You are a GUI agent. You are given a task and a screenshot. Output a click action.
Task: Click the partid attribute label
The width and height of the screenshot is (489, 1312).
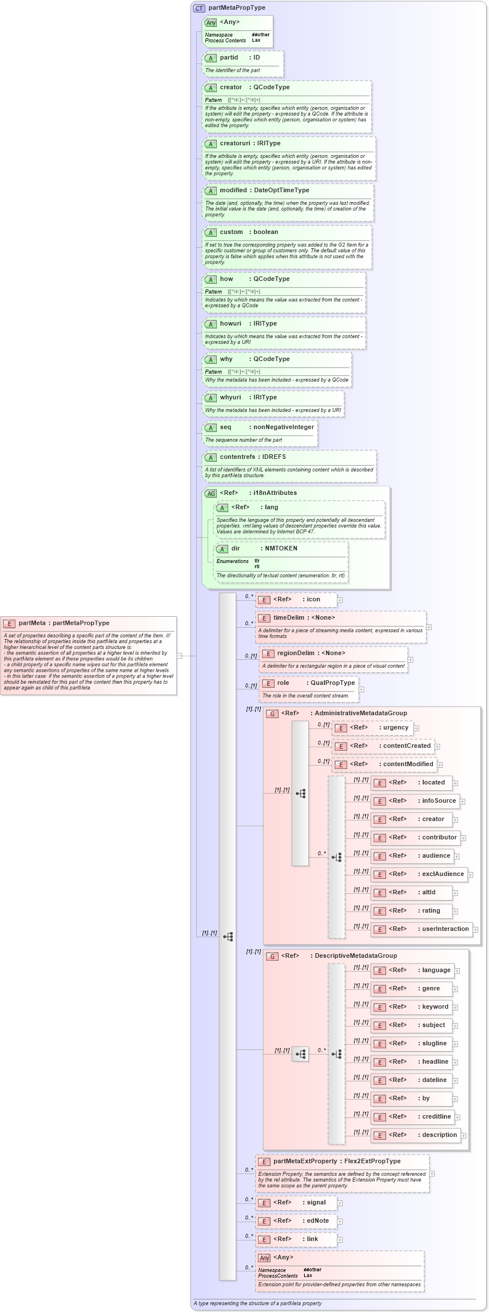pos(229,58)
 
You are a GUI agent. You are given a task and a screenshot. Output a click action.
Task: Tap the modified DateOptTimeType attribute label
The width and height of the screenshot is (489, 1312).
pos(264,191)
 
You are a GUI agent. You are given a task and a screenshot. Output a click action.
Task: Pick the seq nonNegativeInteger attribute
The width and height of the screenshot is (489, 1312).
pos(267,427)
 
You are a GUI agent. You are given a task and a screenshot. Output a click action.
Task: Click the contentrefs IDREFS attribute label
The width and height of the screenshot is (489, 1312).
pos(253,457)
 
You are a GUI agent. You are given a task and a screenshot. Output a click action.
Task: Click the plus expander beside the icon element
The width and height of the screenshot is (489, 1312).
pos(340,600)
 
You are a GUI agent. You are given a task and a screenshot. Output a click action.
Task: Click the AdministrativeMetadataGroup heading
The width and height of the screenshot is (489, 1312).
pos(344,714)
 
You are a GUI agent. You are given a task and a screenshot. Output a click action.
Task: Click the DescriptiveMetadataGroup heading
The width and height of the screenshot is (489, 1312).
pos(339,956)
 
